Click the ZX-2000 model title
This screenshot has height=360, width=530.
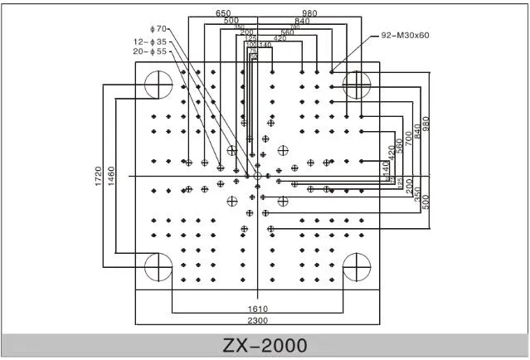pyautogui.click(x=265, y=344)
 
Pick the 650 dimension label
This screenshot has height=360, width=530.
pyautogui.click(x=223, y=13)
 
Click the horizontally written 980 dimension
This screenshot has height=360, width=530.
pyautogui.click(x=309, y=13)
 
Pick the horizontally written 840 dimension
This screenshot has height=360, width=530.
pyautogui.click(x=301, y=22)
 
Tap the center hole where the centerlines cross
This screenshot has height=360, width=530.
pyautogui.click(x=257, y=176)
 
